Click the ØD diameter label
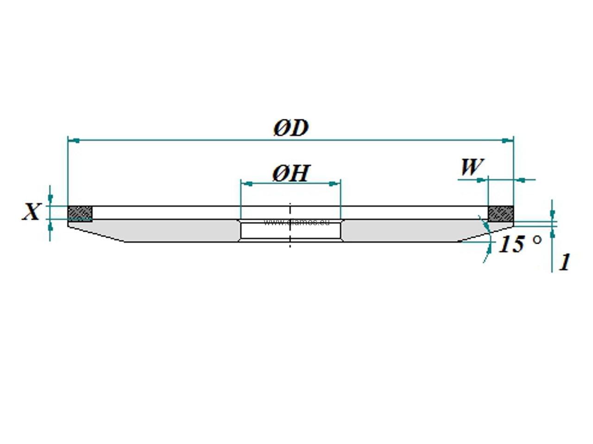290,128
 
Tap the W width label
472,167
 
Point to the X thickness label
31,212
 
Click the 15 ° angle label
519,244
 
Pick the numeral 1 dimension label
564,262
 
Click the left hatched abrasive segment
80,214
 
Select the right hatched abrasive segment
501,214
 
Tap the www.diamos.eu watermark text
296,222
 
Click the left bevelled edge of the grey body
95,233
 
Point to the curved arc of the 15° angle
487,240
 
